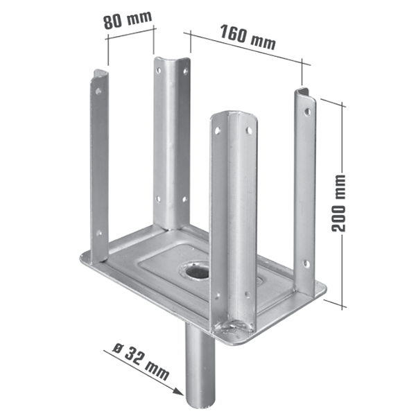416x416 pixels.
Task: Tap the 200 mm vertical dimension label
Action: click(337, 201)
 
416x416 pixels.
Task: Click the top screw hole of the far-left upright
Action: click(98, 90)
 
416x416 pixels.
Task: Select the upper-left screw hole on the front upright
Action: click(217, 131)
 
